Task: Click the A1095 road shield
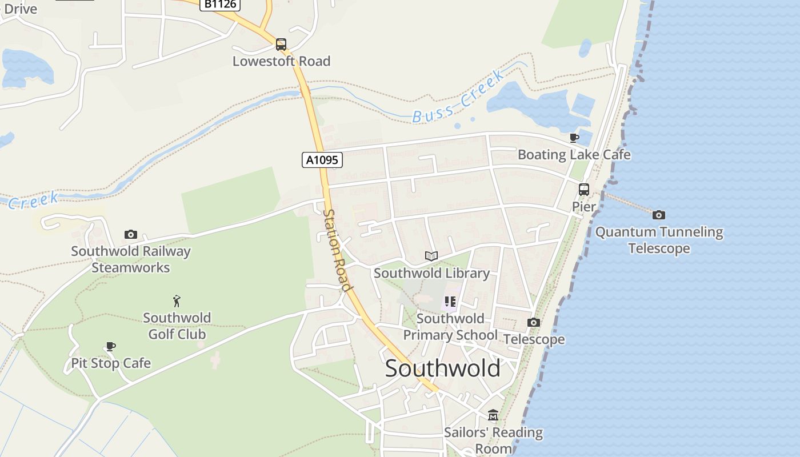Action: [x=322, y=160]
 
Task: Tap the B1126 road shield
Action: [x=220, y=4]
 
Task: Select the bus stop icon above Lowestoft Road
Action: [x=281, y=44]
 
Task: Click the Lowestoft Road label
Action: [x=281, y=61]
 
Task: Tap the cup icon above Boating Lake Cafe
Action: [x=574, y=138]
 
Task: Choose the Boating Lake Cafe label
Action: [x=574, y=155]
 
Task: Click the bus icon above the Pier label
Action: [x=584, y=189]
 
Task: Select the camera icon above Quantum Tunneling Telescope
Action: [x=659, y=215]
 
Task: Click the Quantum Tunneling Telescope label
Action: [x=659, y=240]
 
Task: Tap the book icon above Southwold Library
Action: [x=431, y=256]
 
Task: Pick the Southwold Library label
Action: [x=431, y=273]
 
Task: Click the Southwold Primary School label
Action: [x=450, y=327]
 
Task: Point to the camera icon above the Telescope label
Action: [x=534, y=322]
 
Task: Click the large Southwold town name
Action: [x=442, y=368]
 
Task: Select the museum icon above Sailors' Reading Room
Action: [x=493, y=415]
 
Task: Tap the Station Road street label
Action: [x=337, y=250]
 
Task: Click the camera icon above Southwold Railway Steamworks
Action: [x=131, y=234]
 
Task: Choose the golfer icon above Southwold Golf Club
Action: [x=177, y=300]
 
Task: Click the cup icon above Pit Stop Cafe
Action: [x=111, y=346]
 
